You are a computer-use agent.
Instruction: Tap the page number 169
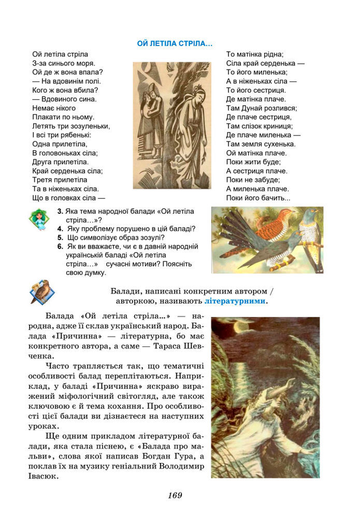click(x=175, y=496)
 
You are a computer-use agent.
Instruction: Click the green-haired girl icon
click(x=39, y=219)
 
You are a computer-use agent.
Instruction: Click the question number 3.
click(x=60, y=211)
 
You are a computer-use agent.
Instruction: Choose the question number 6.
click(x=60, y=247)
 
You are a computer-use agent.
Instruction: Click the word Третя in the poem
click(x=43, y=180)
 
